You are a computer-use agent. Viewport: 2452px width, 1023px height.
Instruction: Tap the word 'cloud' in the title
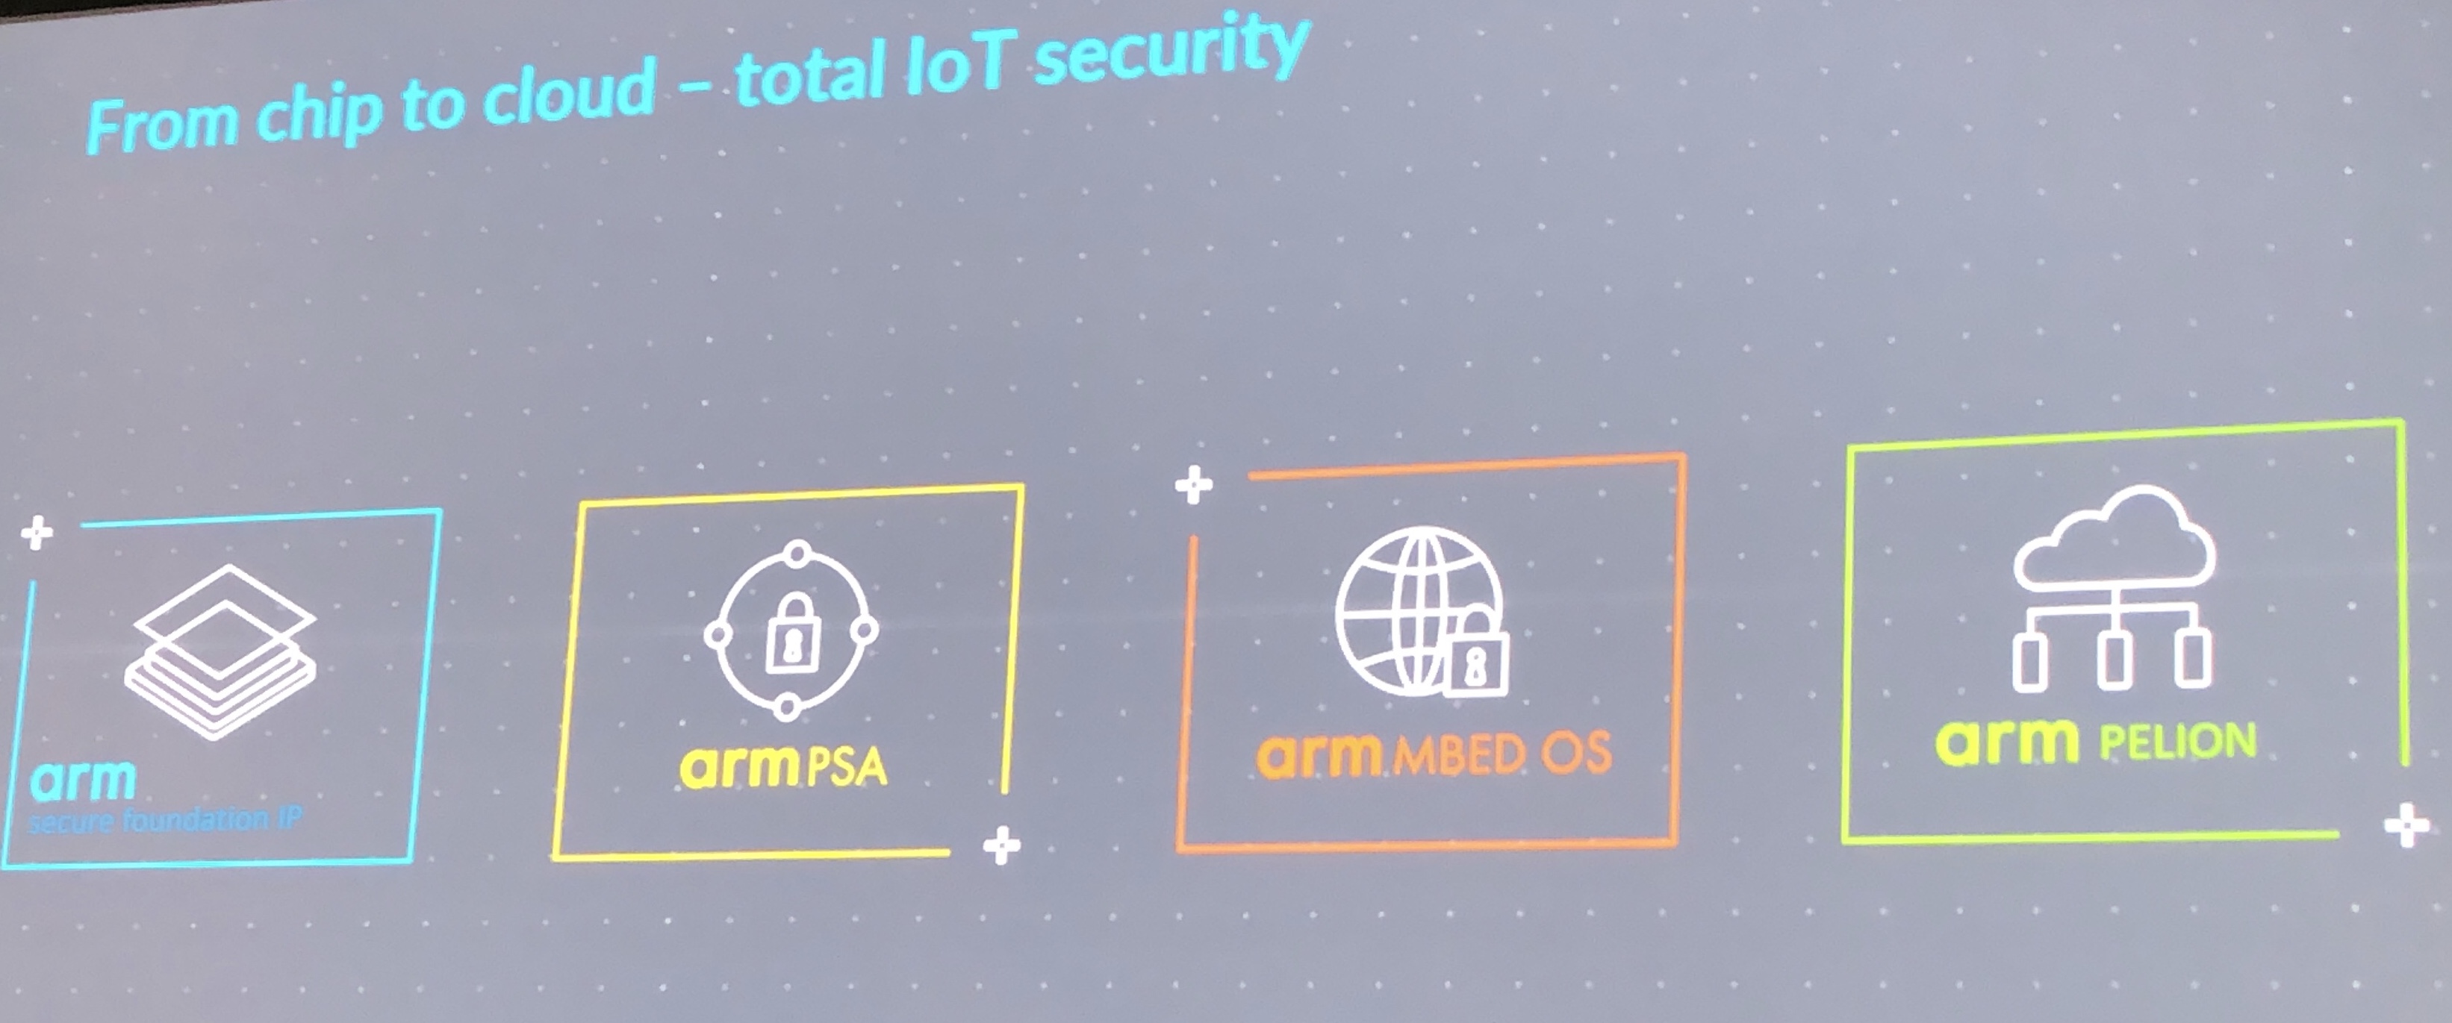[x=568, y=96]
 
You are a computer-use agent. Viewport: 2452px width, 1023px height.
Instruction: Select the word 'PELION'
[x=2178, y=741]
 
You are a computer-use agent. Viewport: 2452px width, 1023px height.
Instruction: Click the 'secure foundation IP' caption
[x=165, y=820]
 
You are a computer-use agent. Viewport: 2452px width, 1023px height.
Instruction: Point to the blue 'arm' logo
[x=83, y=780]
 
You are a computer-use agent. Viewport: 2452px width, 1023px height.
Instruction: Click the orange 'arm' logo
[x=1319, y=754]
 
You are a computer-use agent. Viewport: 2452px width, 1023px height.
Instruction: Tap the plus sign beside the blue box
[x=37, y=533]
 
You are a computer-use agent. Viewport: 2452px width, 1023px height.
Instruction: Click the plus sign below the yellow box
[x=1001, y=845]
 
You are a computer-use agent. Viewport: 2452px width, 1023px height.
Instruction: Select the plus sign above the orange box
[x=1194, y=485]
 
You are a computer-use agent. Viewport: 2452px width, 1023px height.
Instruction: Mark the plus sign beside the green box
[x=2406, y=826]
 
